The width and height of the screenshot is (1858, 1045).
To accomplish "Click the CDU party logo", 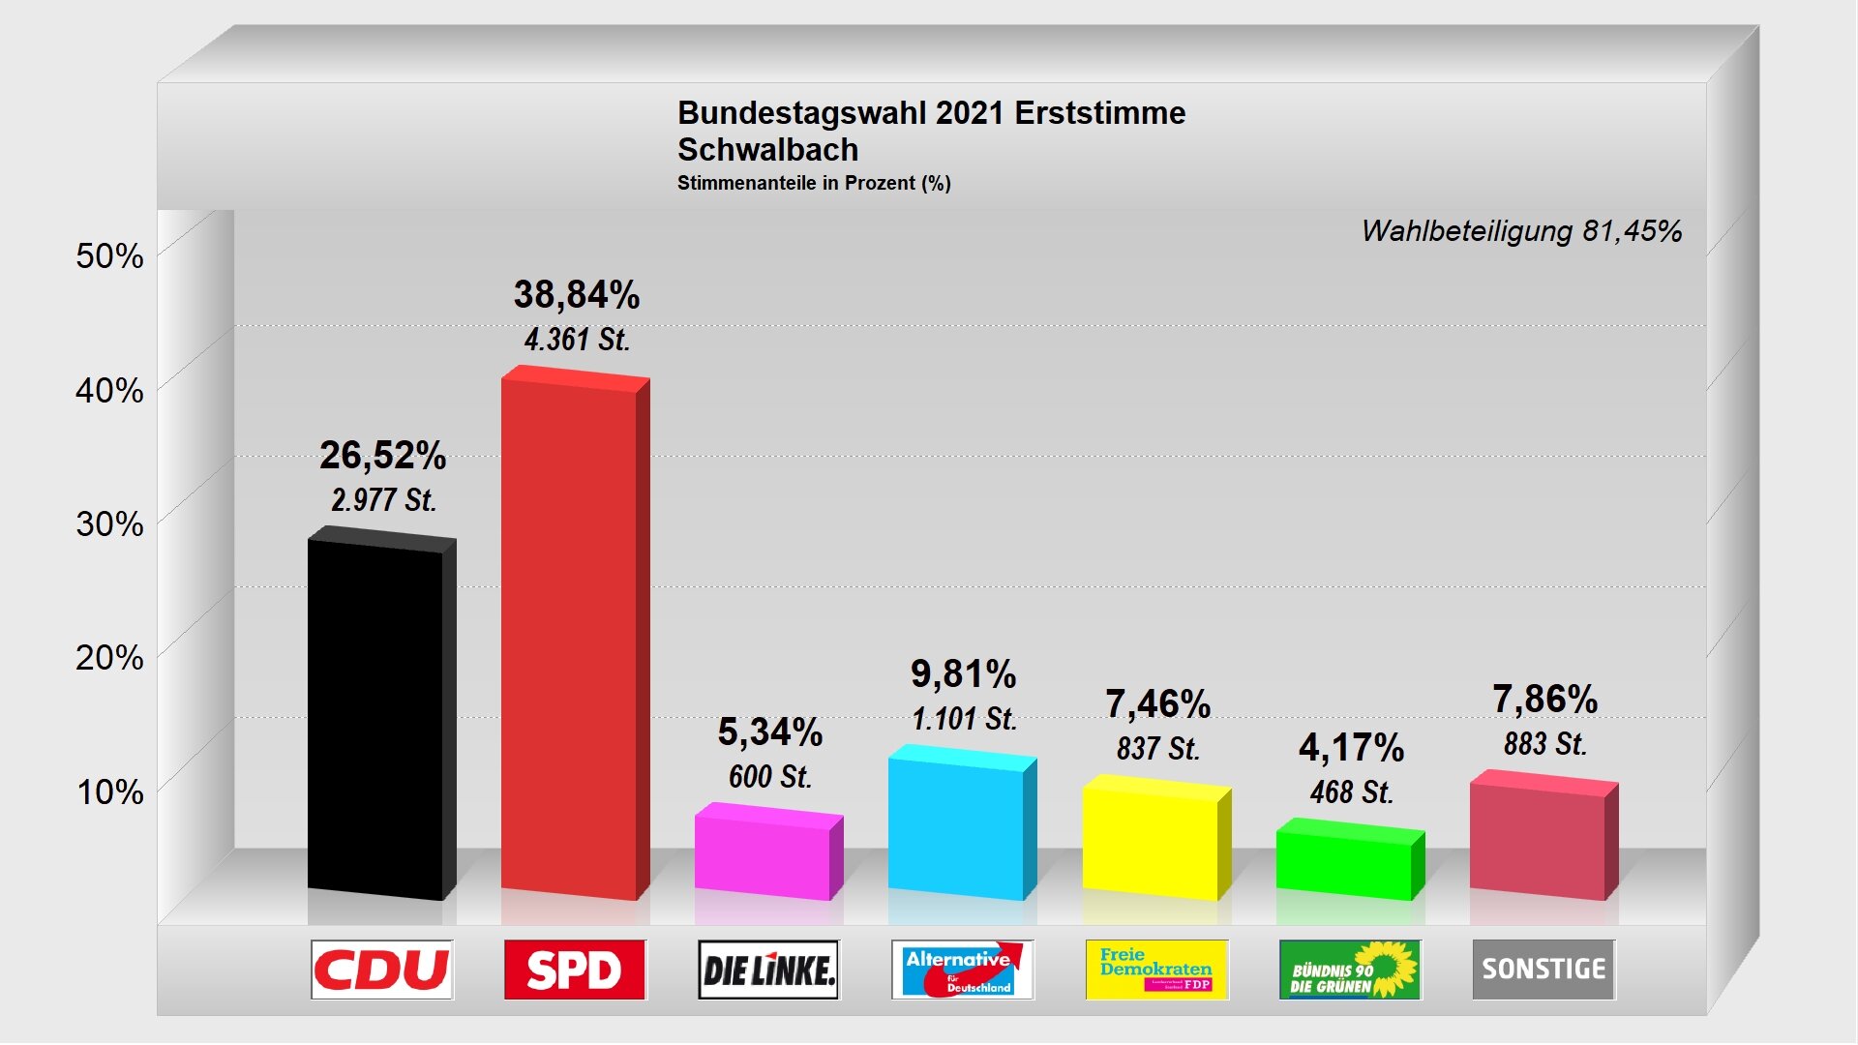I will pos(382,970).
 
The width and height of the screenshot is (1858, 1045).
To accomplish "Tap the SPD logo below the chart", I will pos(575,970).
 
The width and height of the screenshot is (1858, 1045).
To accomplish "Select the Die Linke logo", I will pos(768,970).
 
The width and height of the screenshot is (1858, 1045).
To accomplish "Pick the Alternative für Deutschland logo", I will pos(962,970).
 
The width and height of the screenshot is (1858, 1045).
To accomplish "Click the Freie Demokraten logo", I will pos(1156,970).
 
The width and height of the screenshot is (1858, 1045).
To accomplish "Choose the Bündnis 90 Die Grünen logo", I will pos(1350,970).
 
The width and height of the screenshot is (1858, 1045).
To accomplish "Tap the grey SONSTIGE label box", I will pos(1543,970).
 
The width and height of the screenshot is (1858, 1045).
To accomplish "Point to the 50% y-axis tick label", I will pos(109,256).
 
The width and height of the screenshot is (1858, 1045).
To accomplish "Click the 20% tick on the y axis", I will pos(109,658).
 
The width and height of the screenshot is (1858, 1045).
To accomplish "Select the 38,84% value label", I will pos(577,295).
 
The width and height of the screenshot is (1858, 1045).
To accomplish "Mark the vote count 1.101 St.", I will pos(964,719).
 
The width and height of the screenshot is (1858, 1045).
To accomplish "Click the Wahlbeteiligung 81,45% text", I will pos(1521,231).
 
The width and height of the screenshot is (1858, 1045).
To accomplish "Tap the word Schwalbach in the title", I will pos(767,150).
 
